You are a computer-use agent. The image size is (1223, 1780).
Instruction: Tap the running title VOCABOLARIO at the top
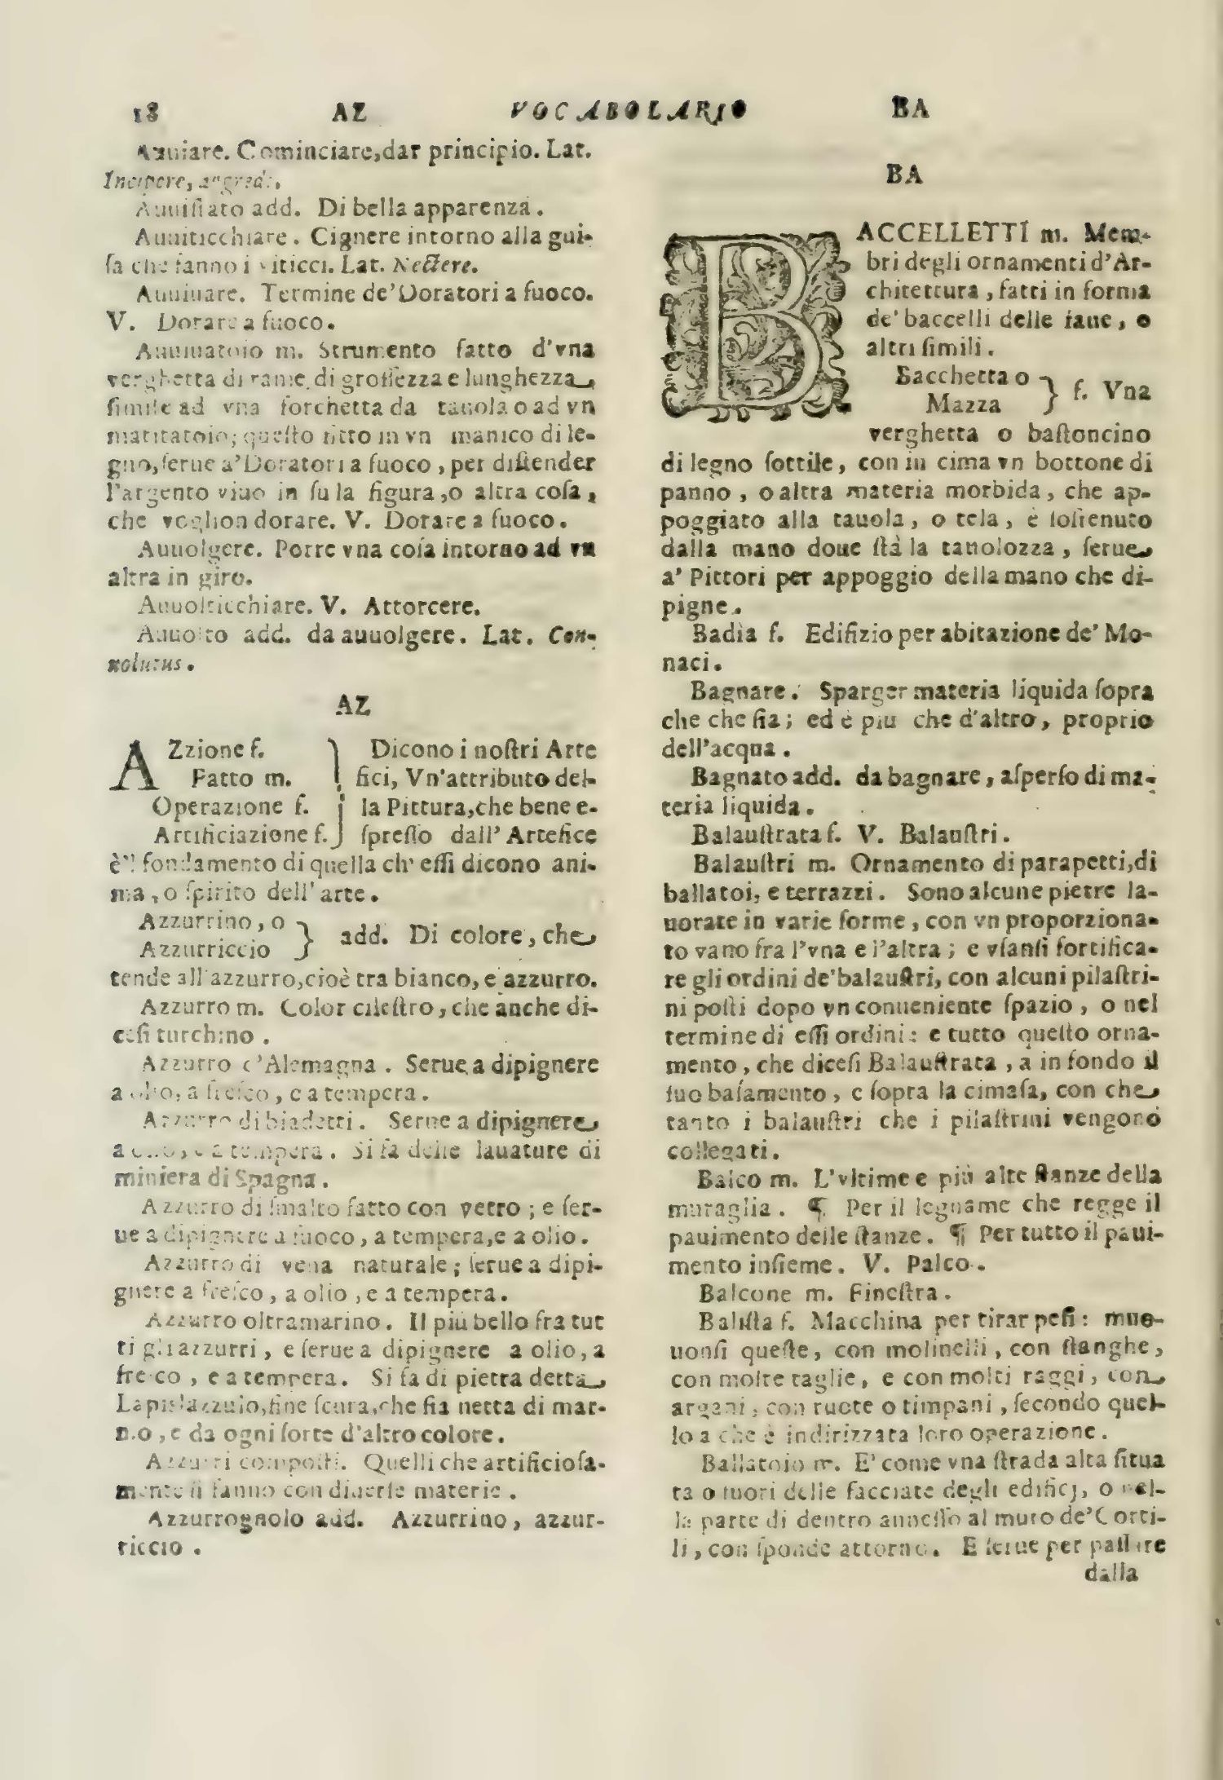tap(632, 109)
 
